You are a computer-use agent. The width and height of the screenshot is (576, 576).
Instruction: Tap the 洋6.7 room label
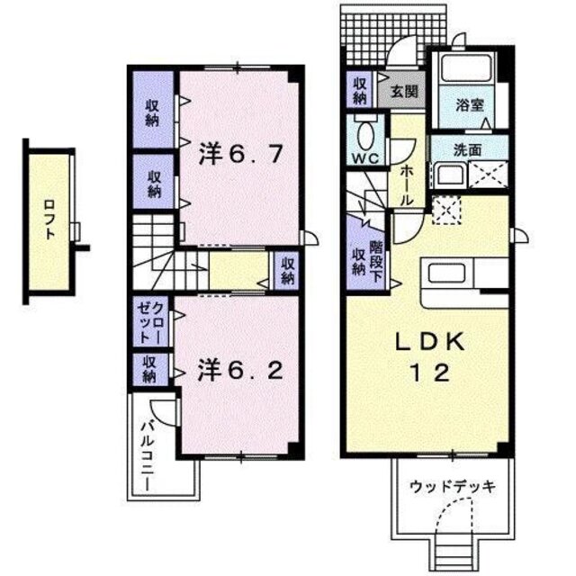coord(241,155)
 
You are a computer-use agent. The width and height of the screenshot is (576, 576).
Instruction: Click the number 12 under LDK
coord(430,373)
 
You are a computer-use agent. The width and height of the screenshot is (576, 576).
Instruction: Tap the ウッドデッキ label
coord(453,487)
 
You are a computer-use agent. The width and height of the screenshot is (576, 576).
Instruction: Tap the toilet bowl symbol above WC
coord(365,135)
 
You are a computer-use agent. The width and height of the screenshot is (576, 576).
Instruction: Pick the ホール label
coord(406,184)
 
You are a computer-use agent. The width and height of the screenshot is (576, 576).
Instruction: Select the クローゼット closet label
coord(149,321)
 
